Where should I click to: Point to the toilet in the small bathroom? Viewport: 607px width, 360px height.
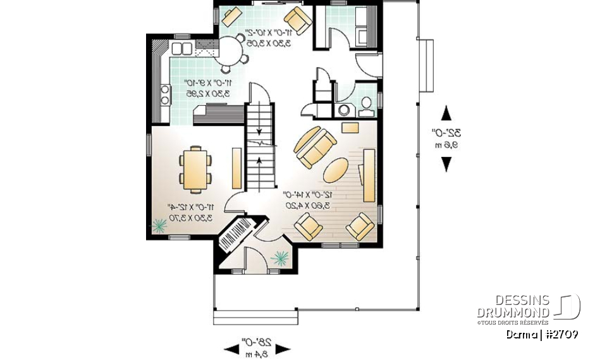(x=365, y=108)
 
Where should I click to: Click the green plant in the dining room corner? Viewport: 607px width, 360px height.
(x=159, y=224)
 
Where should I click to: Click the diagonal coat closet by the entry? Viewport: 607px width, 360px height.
(x=235, y=236)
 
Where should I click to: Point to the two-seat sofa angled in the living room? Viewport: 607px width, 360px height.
(x=314, y=147)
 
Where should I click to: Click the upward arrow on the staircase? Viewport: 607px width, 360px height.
(x=260, y=166)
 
